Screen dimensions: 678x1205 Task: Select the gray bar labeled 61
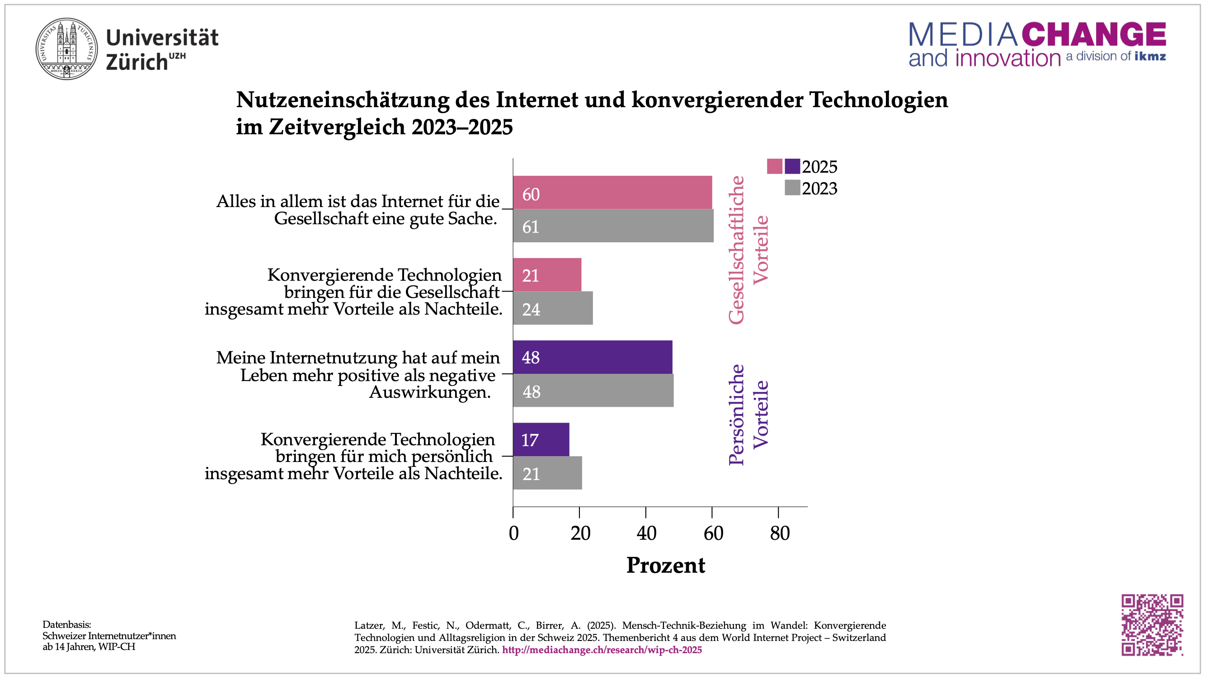click(x=613, y=226)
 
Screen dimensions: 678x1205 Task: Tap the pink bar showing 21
click(x=547, y=275)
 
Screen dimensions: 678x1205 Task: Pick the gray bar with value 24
click(x=552, y=308)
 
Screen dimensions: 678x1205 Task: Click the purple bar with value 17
click(x=541, y=439)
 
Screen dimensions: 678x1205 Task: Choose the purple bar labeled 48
click(x=592, y=357)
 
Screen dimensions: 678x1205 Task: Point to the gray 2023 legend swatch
click(x=792, y=188)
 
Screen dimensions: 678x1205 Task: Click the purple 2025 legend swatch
click(x=792, y=166)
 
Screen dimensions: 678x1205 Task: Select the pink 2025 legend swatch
click(x=774, y=166)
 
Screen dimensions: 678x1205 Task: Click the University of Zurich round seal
click(x=67, y=49)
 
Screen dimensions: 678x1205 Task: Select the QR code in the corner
click(x=1152, y=625)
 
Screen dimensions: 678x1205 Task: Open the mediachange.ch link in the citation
click(x=602, y=650)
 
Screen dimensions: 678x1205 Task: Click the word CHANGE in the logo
click(x=1094, y=34)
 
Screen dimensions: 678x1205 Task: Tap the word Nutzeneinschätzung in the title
click(x=343, y=99)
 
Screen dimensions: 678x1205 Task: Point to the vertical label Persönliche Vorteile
click(x=748, y=414)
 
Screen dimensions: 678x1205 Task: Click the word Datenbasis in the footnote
click(x=66, y=624)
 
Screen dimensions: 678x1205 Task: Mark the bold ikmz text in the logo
click(x=1150, y=56)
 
